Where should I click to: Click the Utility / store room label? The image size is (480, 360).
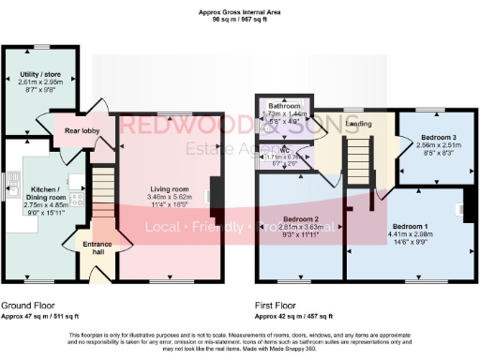point(40,73)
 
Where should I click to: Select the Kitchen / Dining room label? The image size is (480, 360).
point(45,193)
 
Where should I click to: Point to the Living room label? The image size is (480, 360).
point(171,189)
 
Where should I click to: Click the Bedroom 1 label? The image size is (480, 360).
point(410,227)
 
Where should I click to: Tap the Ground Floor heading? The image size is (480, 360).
point(27,306)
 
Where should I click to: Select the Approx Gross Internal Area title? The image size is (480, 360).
point(240,11)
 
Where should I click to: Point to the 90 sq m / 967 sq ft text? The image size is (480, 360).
point(240,20)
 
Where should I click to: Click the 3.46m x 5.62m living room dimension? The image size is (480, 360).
point(171,197)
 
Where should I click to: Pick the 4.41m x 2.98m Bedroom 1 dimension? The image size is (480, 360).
point(410,234)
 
